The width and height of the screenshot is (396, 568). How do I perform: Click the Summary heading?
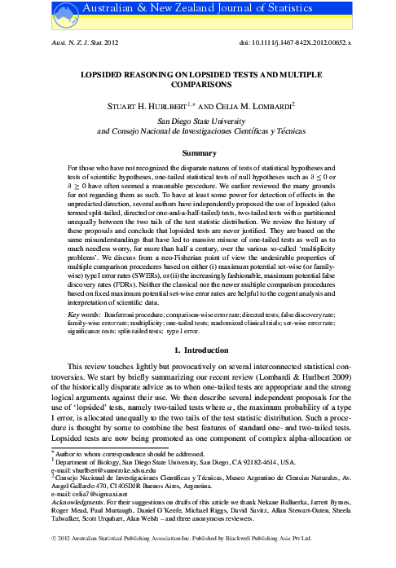(197, 152)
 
